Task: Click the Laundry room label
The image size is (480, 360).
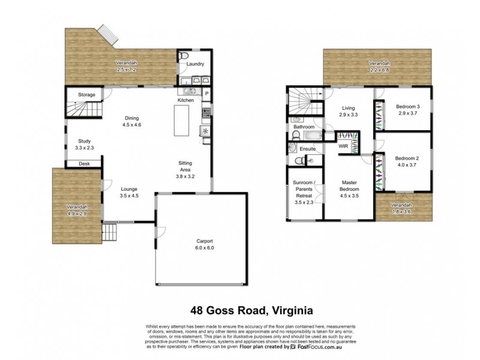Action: click(196, 64)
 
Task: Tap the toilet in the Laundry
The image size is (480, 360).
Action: click(184, 56)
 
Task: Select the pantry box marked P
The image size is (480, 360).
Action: click(206, 93)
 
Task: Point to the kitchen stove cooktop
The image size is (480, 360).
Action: click(206, 112)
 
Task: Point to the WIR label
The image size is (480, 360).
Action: click(344, 145)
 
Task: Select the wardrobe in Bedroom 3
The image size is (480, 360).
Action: click(379, 113)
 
